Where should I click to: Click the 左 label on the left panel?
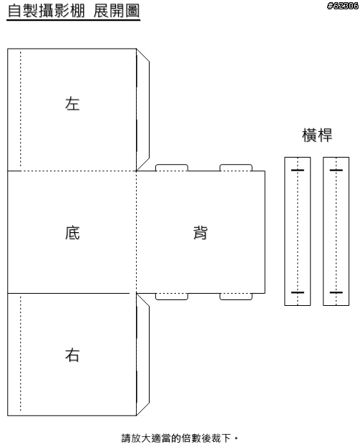point(72,103)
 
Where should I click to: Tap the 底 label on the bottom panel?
point(72,232)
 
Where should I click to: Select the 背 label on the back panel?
point(200,232)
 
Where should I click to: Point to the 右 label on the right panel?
point(72,355)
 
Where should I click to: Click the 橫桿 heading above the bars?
point(317,135)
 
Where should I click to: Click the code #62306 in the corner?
point(343,6)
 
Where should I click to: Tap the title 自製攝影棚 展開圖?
point(74,11)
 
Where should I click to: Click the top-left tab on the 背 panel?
point(172,168)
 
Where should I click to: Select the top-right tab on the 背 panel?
point(235,168)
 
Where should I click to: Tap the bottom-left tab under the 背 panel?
point(172,297)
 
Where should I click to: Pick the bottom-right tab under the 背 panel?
point(235,297)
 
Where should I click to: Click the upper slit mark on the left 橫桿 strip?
point(297,170)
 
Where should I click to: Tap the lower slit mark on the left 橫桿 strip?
point(297,292)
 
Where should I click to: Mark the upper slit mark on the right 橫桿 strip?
point(336,170)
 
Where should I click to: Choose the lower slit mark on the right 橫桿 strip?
point(336,292)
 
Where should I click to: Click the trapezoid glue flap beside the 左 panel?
point(143,110)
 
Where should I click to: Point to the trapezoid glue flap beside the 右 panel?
point(143,355)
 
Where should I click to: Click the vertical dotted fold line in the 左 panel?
point(21,109)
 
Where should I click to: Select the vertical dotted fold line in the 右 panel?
point(21,354)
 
